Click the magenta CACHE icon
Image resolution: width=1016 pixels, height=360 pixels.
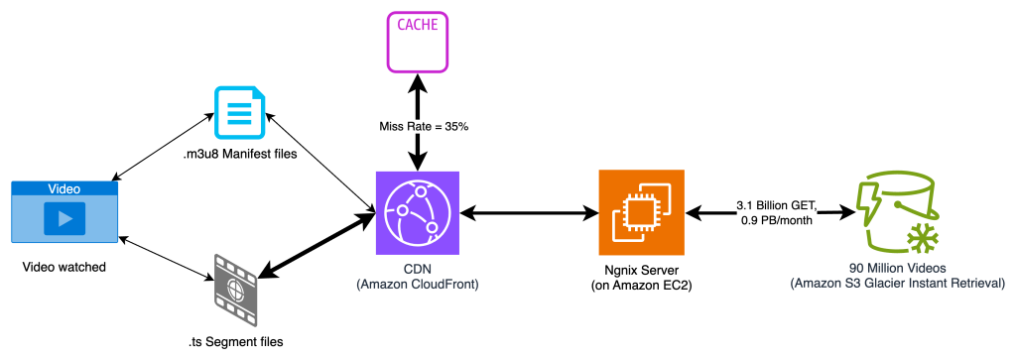(418, 42)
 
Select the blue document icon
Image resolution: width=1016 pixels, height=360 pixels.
(240, 112)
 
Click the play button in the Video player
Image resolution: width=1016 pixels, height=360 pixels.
(64, 218)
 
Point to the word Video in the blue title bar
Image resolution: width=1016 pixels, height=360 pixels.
(64, 188)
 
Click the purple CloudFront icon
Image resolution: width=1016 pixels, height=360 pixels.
(418, 212)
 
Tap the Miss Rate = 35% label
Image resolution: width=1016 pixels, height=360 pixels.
(424, 127)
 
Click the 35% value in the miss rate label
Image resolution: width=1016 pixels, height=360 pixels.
(456, 127)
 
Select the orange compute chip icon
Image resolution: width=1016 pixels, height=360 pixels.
(641, 212)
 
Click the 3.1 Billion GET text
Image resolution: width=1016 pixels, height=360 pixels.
(776, 204)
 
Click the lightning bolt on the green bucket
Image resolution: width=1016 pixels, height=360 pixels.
(865, 193)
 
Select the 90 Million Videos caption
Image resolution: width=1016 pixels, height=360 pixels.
(898, 269)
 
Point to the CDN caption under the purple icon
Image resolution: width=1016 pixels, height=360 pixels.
(418, 269)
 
